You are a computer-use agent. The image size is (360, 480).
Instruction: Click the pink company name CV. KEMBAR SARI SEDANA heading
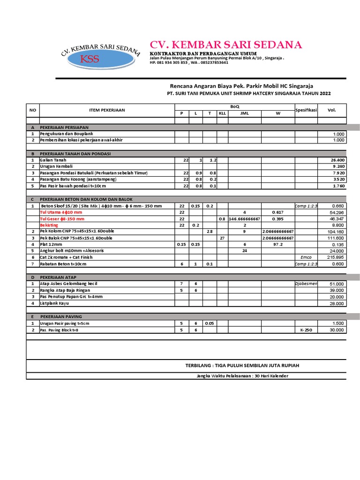tap(225, 45)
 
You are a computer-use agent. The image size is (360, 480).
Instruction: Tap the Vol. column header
tap(332, 110)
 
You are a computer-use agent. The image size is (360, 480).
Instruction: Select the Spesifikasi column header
tap(306, 110)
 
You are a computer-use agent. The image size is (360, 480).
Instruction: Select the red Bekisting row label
tap(49, 225)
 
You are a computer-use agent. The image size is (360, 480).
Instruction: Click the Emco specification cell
tap(306, 257)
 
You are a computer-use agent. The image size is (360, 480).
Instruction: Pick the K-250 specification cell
tap(306, 330)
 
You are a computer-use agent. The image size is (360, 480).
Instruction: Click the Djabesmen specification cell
tap(306, 284)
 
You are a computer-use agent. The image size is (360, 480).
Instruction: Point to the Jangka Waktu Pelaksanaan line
tap(242, 376)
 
